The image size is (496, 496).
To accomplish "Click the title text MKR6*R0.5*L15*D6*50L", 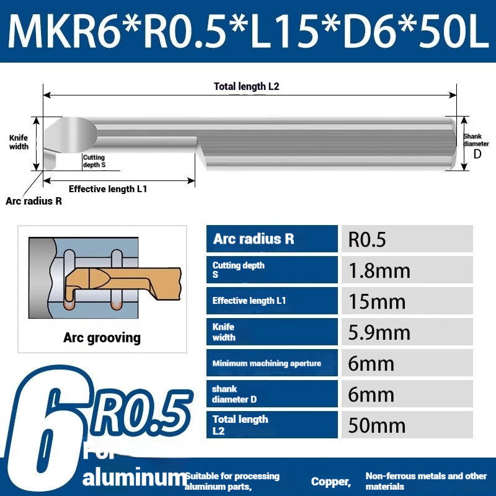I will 248,31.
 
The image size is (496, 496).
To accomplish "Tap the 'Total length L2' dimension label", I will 246,87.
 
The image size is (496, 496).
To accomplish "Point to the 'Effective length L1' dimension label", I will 107,189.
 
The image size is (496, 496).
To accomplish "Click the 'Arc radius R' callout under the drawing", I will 33,201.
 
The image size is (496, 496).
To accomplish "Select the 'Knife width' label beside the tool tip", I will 19,143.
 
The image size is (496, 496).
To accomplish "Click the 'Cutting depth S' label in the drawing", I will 94,161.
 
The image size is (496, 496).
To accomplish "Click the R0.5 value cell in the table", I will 367,239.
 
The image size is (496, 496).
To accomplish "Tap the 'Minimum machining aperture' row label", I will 267,363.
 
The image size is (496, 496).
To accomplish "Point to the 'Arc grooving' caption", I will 102,338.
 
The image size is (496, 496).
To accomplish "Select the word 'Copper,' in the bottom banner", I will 331,482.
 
